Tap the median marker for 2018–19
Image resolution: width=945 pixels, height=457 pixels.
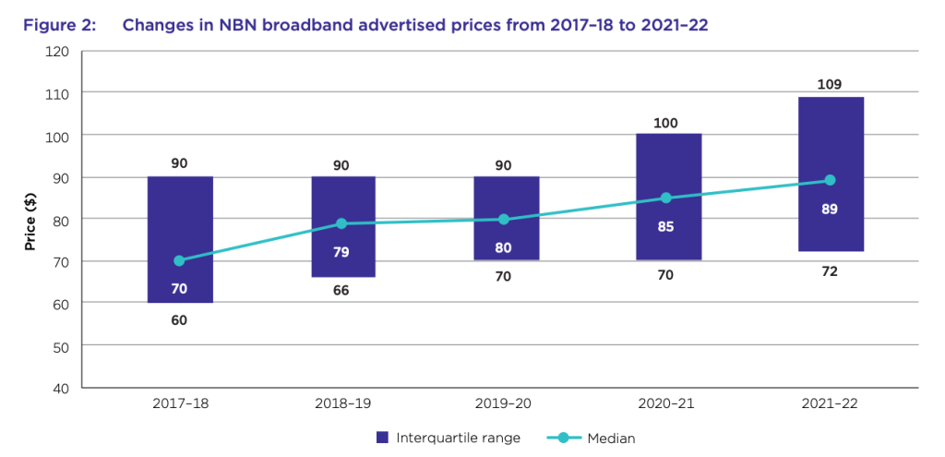point(341,223)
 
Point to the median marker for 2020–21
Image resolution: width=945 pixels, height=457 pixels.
point(667,198)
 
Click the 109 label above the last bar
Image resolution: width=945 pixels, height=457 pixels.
point(830,85)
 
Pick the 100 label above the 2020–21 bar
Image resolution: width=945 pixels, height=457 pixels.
point(667,122)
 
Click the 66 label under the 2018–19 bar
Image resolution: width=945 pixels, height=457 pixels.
point(342,291)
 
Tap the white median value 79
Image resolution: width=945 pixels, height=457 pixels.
point(342,251)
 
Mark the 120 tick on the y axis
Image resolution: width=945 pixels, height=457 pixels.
point(57,51)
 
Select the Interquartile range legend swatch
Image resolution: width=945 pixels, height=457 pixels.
point(382,438)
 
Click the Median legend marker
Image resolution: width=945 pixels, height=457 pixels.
point(562,438)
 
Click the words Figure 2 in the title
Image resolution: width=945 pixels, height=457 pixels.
point(59,25)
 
